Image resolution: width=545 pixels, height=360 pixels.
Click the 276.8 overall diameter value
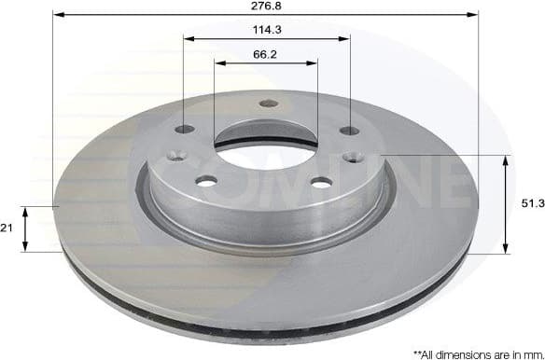(266, 7)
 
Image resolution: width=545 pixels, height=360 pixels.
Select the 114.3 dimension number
(266, 30)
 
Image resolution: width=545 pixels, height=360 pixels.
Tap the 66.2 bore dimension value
(266, 54)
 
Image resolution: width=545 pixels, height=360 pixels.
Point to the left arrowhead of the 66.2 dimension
(219, 63)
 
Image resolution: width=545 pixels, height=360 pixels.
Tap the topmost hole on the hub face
(268, 104)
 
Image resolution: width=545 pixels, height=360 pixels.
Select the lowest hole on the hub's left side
(206, 180)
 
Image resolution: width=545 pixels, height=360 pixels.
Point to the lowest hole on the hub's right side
(320, 182)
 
